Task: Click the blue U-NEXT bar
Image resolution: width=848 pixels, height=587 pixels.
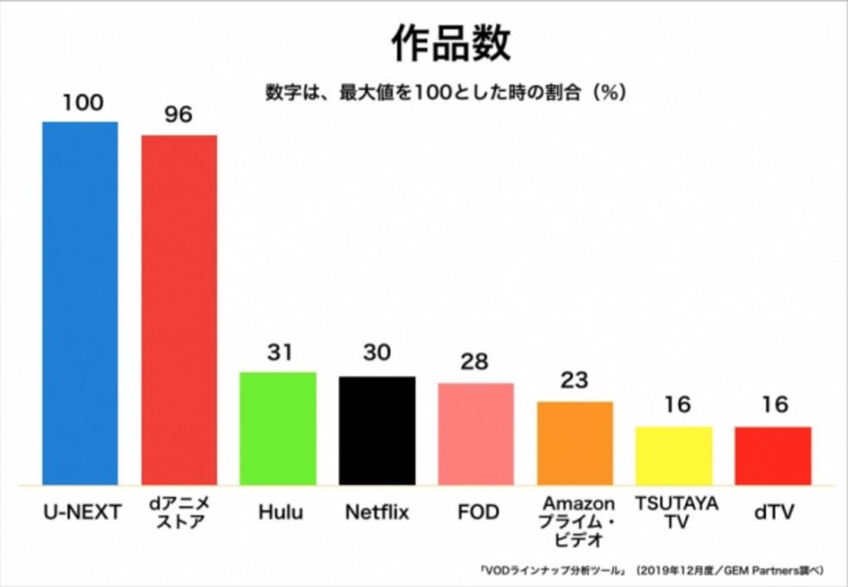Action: coord(80,303)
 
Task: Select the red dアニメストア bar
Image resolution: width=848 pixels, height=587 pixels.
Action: coord(179,310)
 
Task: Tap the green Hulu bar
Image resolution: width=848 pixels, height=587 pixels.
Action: coord(278,428)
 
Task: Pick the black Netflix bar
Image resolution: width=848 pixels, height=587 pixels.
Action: coord(377,431)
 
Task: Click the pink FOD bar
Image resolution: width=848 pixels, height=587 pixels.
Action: coord(476,434)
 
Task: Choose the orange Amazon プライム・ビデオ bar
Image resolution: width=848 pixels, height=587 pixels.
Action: coord(575,443)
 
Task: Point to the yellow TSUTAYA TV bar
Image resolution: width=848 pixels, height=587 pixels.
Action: coord(674,455)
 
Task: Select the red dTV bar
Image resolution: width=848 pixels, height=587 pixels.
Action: coord(773,455)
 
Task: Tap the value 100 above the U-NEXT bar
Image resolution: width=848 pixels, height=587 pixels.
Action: coord(81,103)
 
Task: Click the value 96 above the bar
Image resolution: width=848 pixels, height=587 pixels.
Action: coord(178,115)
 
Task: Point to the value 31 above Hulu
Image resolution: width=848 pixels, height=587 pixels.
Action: coord(278,352)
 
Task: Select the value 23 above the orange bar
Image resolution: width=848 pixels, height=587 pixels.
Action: coord(574,381)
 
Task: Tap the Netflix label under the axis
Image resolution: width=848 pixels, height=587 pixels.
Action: coord(377,512)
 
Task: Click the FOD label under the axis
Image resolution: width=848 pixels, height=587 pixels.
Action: coord(478,512)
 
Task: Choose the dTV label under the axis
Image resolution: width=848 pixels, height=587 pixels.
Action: coord(773,512)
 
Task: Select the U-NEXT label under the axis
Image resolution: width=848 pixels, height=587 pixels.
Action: coord(82,512)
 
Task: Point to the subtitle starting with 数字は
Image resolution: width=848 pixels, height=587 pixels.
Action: coord(445,92)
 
